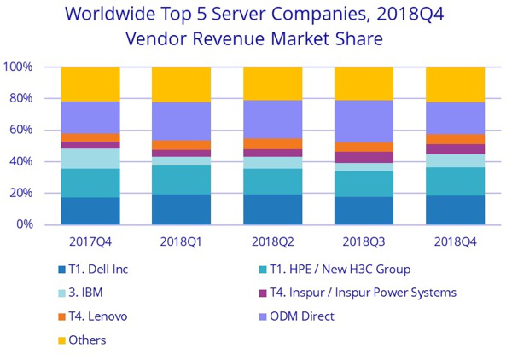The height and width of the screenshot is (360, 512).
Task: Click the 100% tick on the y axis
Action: (x=18, y=67)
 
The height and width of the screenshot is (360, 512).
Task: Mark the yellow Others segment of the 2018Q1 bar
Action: (x=181, y=84)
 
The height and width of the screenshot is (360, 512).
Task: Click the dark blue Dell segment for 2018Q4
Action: (x=455, y=210)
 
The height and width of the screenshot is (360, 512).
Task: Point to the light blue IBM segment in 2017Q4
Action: (x=90, y=159)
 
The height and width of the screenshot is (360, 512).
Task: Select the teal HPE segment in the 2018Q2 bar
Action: (x=272, y=181)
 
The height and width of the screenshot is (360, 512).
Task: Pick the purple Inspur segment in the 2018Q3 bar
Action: (x=364, y=157)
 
